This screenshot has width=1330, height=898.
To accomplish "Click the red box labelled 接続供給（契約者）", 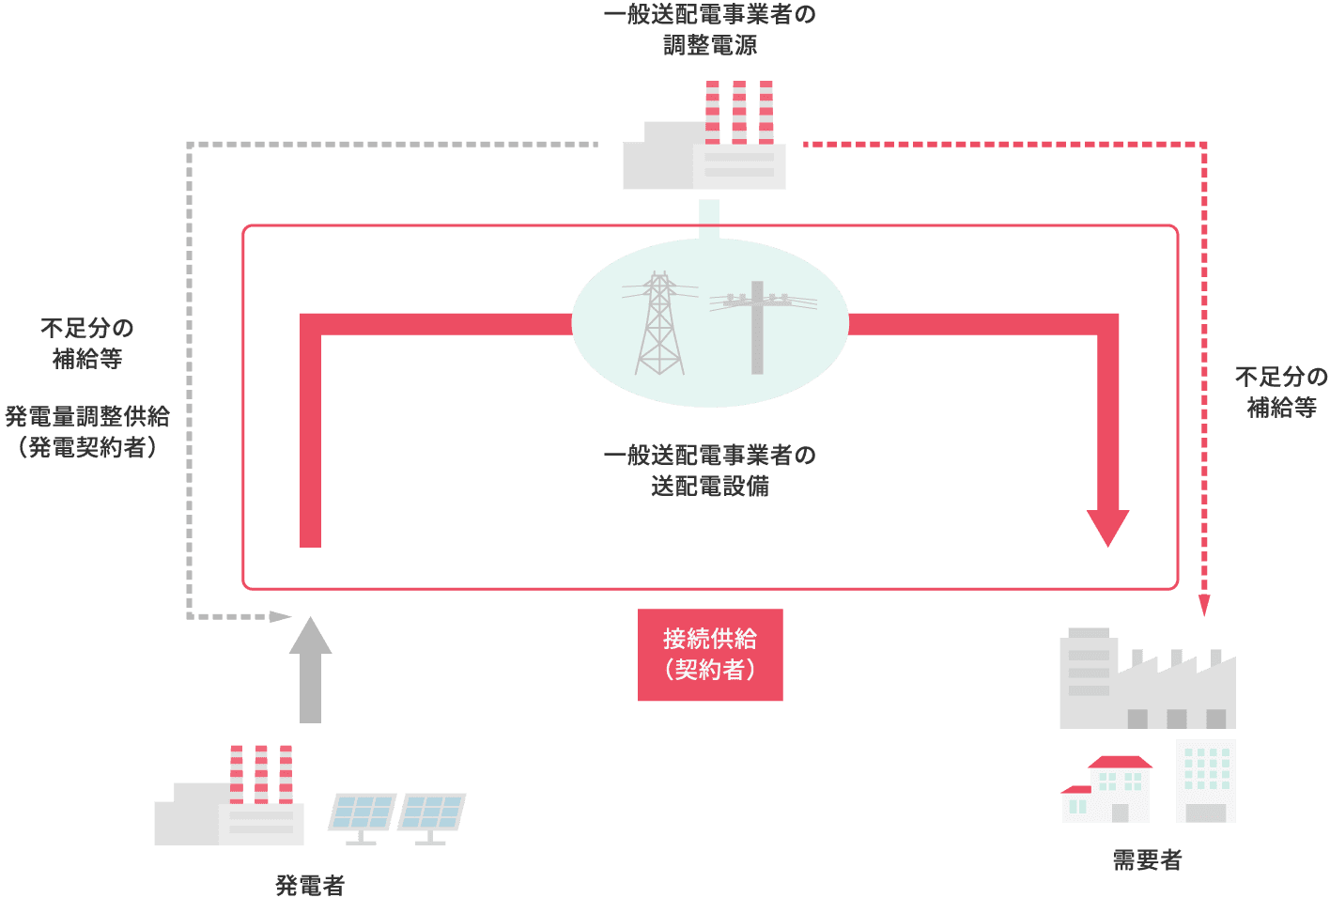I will (x=710, y=655).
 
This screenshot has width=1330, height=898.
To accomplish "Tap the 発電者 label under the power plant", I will (x=310, y=885).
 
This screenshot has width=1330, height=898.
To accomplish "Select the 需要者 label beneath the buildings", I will (x=1147, y=859).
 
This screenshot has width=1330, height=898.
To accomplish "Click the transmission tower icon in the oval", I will (x=659, y=324).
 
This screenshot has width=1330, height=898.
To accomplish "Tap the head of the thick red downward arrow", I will (x=1107, y=528).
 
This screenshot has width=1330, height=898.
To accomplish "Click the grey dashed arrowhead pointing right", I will (x=281, y=617).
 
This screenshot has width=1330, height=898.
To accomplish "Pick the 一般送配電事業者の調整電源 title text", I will (x=710, y=30).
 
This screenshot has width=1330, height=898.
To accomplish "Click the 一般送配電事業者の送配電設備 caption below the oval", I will (x=710, y=471).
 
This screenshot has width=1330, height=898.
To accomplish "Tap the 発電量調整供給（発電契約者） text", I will (x=87, y=432).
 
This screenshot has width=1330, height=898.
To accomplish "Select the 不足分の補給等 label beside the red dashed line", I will (x=1281, y=393).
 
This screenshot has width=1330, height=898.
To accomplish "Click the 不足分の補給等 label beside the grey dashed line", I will (x=87, y=344).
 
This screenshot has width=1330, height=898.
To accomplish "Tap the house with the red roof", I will (x=1107, y=790).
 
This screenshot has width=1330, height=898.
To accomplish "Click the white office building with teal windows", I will (x=1206, y=781).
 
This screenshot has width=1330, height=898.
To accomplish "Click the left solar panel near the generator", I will (x=362, y=813).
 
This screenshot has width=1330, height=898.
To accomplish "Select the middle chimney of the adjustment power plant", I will (x=739, y=112).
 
